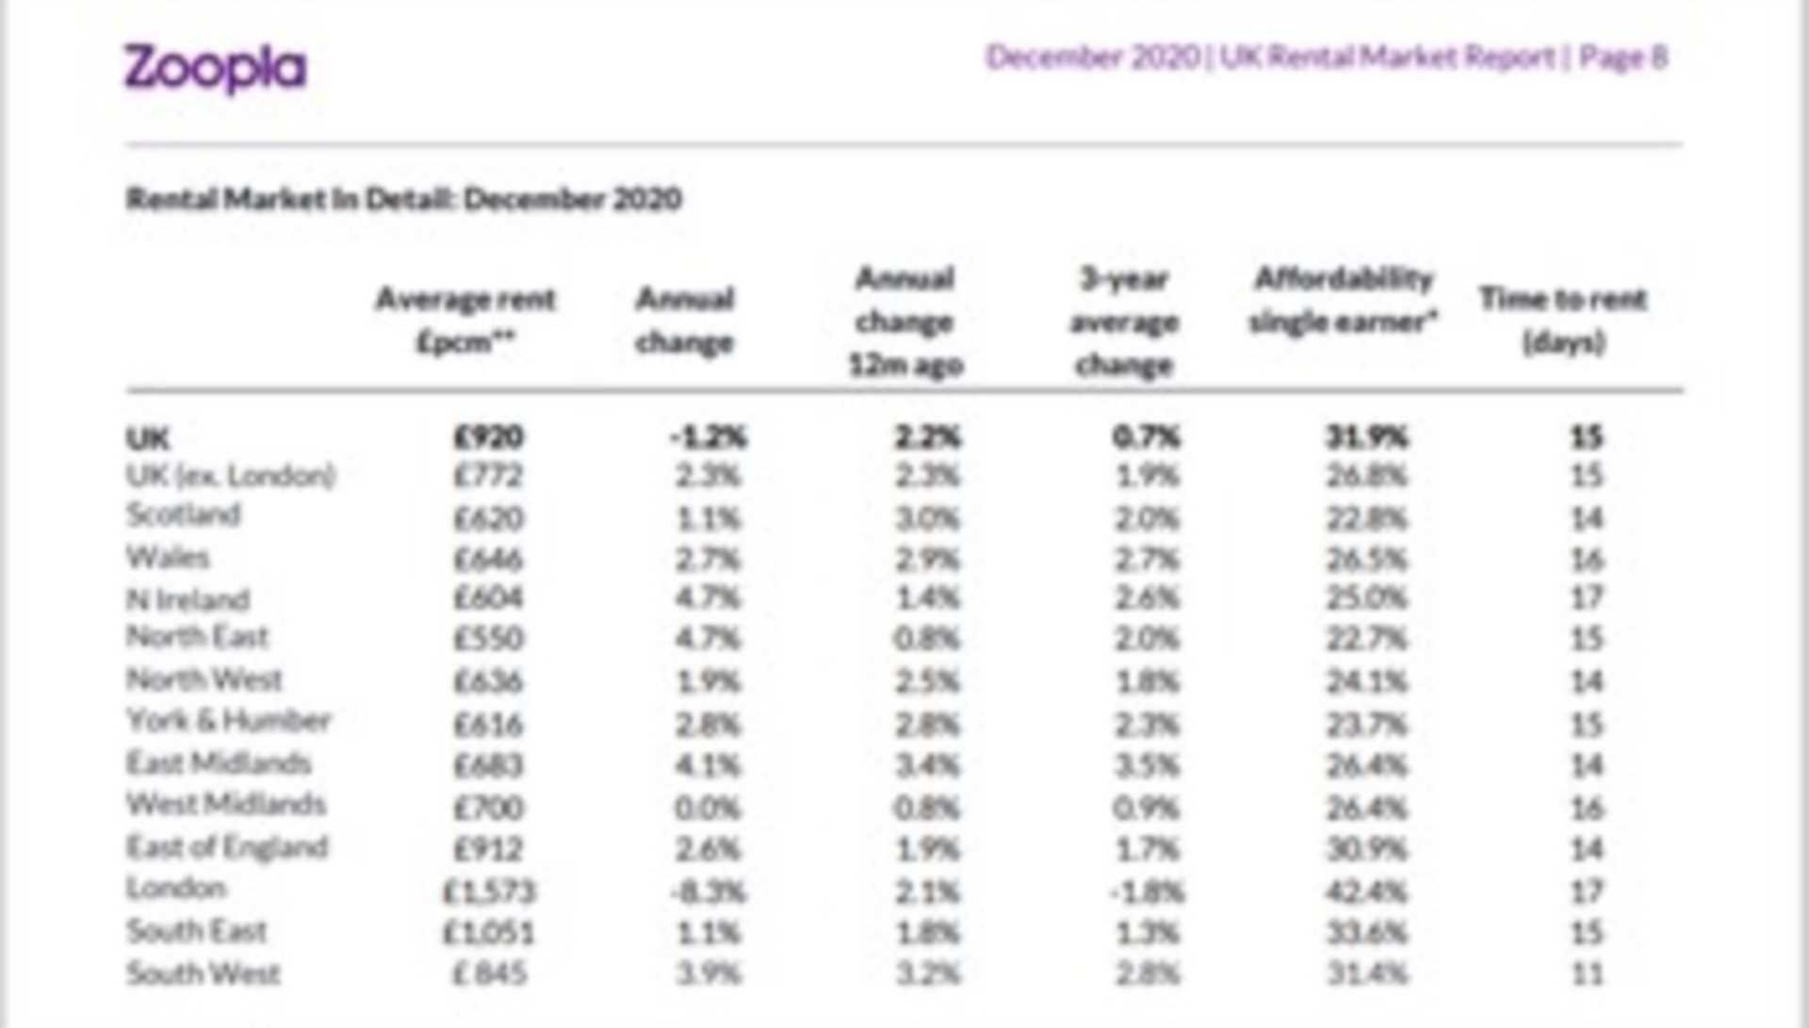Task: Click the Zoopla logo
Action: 215,68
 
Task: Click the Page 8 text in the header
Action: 1622,57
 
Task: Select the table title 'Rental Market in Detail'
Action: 403,199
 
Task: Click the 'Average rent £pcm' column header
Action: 465,320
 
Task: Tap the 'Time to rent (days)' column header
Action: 1563,320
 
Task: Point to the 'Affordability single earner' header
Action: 1344,300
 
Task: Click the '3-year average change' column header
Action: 1124,321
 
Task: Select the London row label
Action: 177,888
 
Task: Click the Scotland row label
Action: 184,514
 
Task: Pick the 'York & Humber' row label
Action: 229,721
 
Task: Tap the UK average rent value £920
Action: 488,437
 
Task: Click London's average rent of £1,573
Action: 489,891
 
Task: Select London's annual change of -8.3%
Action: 708,891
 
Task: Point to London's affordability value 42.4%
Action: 1367,891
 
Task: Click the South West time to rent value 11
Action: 1587,973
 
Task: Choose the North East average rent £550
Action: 488,639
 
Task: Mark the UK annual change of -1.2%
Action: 708,437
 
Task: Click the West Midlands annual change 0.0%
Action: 708,808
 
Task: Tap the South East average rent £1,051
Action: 489,933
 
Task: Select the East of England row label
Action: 227,847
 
